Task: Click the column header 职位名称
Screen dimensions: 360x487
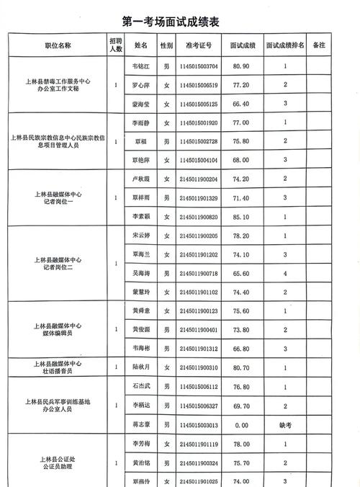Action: pyautogui.click(x=58, y=45)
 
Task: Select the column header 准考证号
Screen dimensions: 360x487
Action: pyautogui.click(x=198, y=45)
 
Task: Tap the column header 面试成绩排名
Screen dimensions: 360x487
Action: pyautogui.click(x=285, y=45)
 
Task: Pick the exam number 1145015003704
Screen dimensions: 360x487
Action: pyautogui.click(x=198, y=67)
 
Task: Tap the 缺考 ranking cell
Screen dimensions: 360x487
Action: pyautogui.click(x=285, y=425)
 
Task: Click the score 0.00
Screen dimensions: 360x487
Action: pyautogui.click(x=241, y=425)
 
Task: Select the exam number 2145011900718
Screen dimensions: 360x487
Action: pyautogui.click(x=198, y=273)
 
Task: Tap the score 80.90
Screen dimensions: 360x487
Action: pyautogui.click(x=241, y=67)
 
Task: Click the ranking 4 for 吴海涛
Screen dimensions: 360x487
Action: pyautogui.click(x=285, y=273)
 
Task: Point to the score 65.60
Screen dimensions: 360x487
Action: pyautogui.click(x=241, y=273)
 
